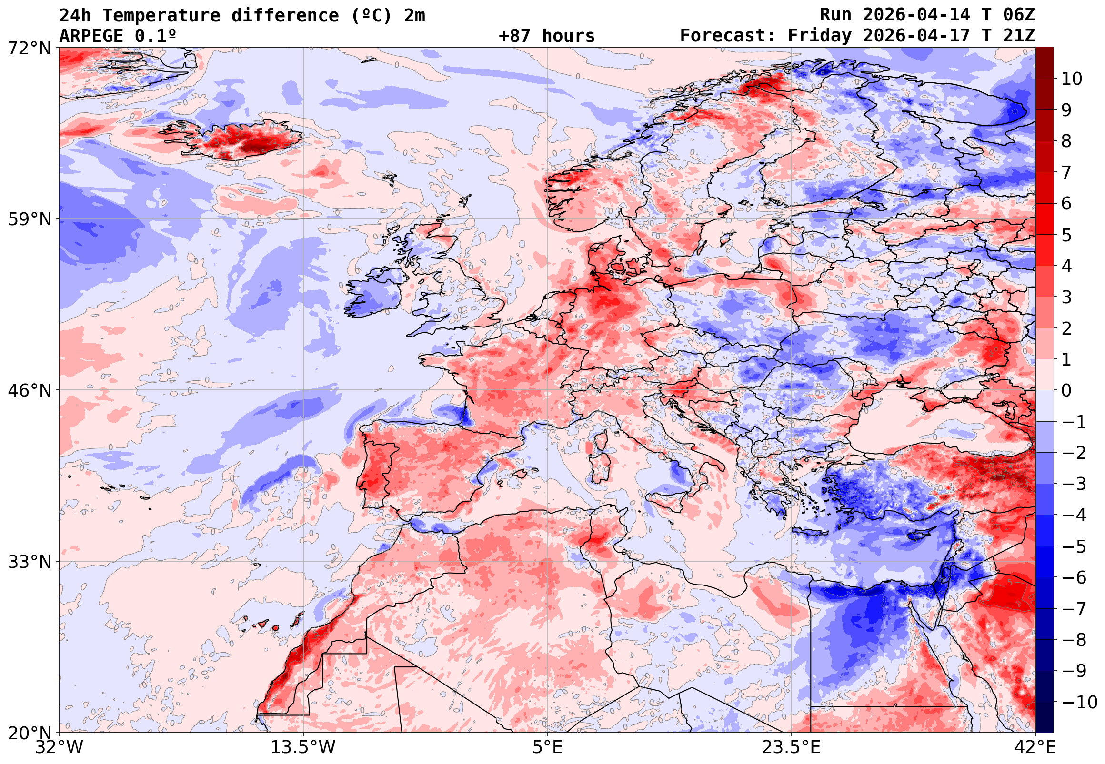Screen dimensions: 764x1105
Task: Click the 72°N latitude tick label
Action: point(29,48)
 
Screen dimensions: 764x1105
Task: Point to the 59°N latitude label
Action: point(29,219)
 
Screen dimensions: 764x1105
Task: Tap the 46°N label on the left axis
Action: point(29,391)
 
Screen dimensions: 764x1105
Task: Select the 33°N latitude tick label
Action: point(29,562)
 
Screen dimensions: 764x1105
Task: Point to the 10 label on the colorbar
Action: point(1072,79)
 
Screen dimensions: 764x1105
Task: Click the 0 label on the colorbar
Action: point(1066,391)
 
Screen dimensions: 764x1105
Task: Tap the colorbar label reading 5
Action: point(1066,236)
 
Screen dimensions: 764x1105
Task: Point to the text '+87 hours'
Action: point(546,36)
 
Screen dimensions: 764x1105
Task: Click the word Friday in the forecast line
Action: point(820,36)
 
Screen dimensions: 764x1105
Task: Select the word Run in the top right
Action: point(835,15)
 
